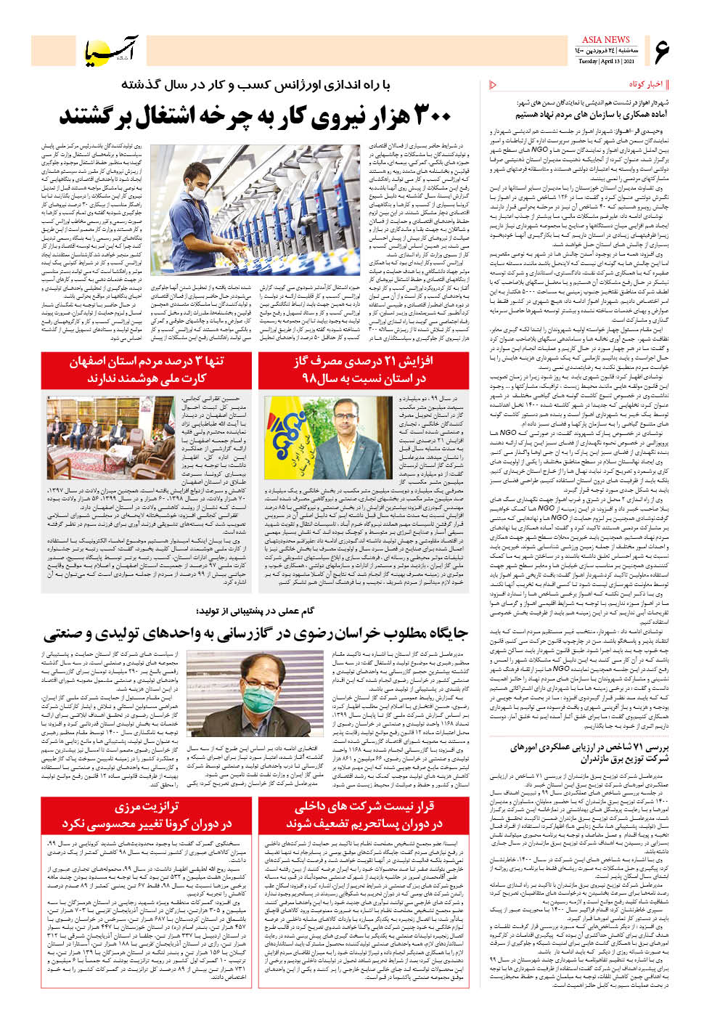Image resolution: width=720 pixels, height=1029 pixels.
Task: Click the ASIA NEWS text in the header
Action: tap(605, 40)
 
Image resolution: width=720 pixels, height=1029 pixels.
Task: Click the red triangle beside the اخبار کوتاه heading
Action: tap(494, 85)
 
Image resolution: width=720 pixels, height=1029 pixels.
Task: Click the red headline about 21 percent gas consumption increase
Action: tap(363, 370)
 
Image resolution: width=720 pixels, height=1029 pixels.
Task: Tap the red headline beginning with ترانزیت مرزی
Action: tap(146, 815)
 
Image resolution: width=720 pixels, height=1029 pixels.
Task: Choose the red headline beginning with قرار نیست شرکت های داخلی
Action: tap(363, 815)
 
